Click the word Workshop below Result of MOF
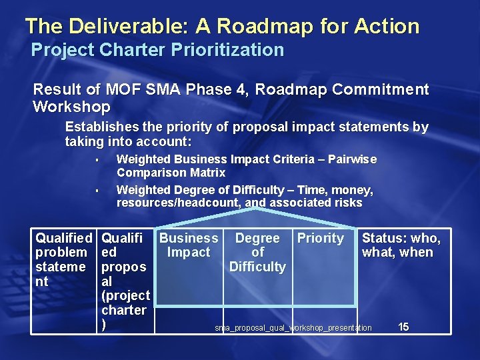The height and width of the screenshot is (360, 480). [71, 107]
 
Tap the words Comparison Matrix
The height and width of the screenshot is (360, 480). [171, 173]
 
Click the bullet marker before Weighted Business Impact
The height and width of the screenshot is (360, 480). [97, 160]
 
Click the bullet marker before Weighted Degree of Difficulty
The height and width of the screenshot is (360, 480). [97, 191]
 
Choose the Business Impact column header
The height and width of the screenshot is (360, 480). [189, 245]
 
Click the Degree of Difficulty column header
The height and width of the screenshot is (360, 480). [257, 252]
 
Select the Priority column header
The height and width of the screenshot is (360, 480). [320, 239]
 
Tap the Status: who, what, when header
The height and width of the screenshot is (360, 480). [401, 245]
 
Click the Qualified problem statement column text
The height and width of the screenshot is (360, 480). [63, 259]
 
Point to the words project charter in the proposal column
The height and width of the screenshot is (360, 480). [125, 303]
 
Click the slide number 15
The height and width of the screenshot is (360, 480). [403, 327]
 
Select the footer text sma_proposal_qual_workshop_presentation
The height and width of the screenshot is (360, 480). [293, 328]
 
